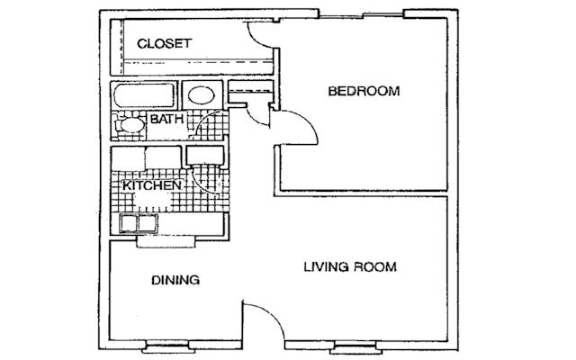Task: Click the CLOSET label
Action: [164, 43]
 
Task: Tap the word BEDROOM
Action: [364, 91]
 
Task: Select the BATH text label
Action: [166, 119]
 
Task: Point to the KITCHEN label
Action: [152, 185]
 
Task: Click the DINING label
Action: [175, 280]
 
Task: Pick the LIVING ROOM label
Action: [350, 266]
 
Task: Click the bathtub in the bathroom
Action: [144, 95]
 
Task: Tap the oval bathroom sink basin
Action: [202, 95]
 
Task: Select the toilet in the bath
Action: [129, 125]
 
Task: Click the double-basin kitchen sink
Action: [139, 223]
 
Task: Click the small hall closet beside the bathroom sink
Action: [250, 92]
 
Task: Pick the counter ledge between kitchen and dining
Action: [166, 242]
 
